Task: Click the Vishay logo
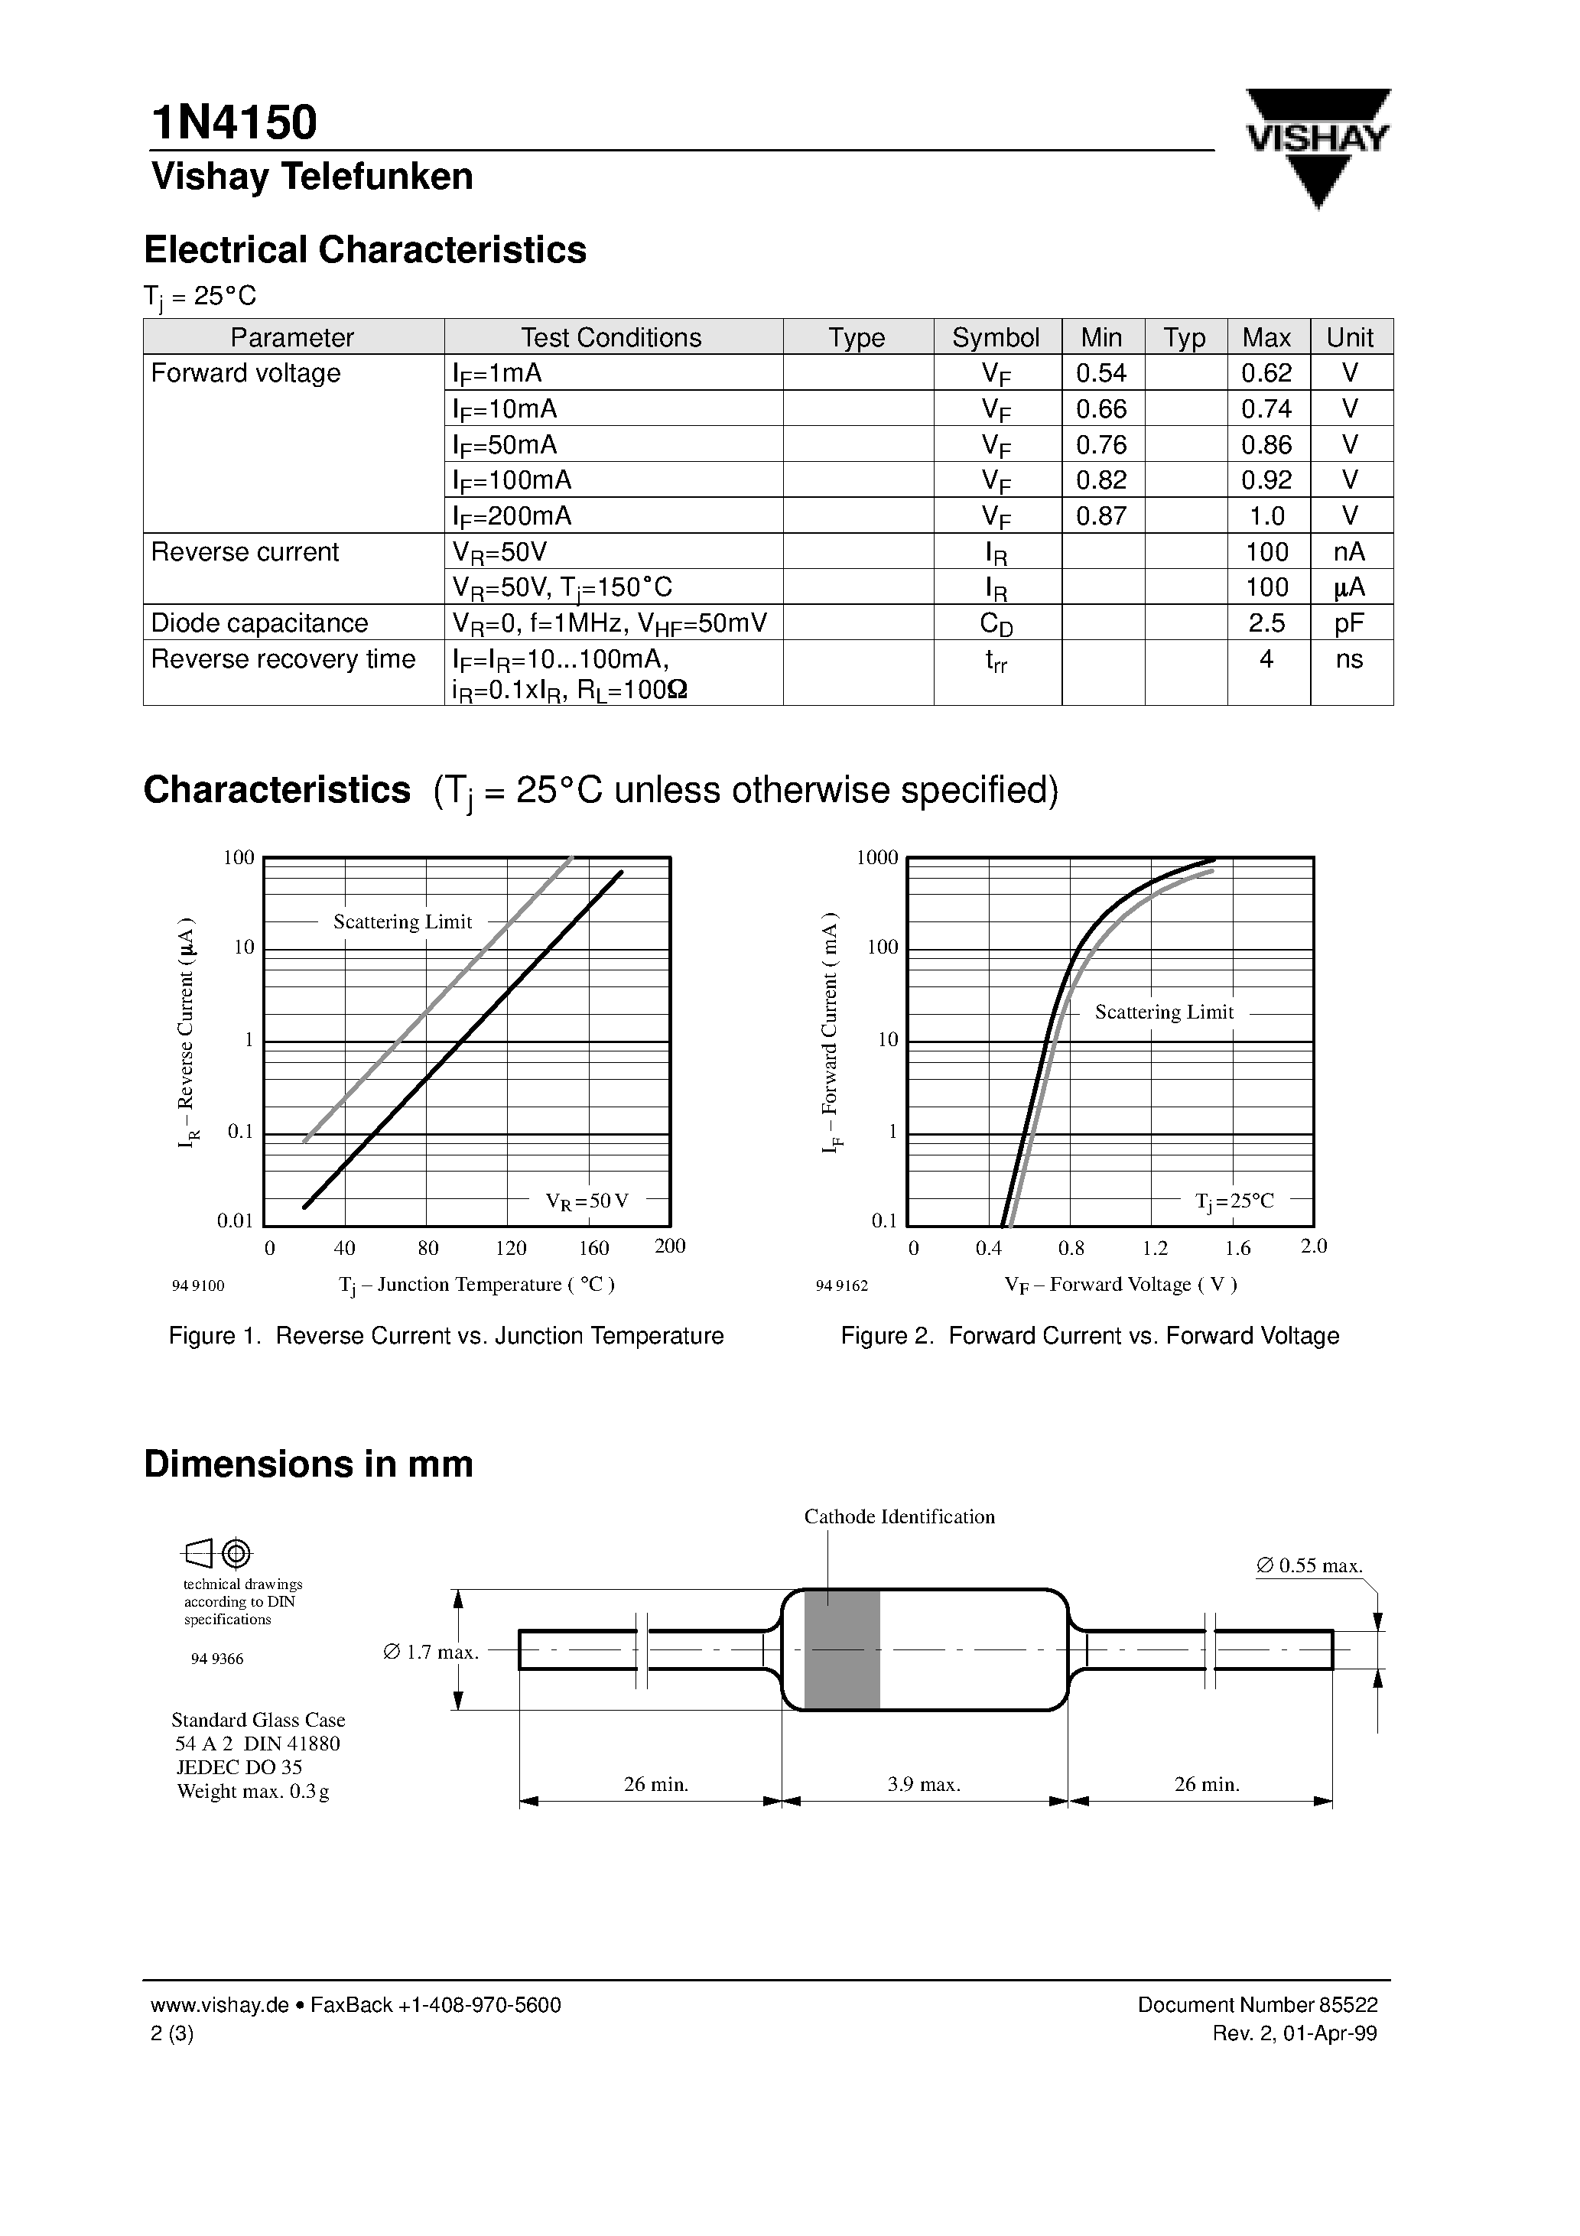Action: [x=1318, y=146]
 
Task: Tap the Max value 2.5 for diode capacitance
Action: [x=1266, y=623]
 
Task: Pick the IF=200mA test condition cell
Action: [x=512, y=516]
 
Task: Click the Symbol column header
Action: [x=996, y=338]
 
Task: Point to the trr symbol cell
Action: [x=996, y=662]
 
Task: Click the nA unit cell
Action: [x=1349, y=552]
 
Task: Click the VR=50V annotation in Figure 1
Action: [x=587, y=1201]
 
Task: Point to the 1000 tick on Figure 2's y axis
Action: [x=876, y=858]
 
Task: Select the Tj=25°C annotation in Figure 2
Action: [x=1234, y=1201]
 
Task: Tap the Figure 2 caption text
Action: [x=1089, y=1336]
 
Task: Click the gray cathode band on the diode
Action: [x=842, y=1649]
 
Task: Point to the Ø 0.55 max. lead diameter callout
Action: [x=1309, y=1566]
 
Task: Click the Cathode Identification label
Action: [x=899, y=1516]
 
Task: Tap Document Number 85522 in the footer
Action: [x=1257, y=2005]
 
